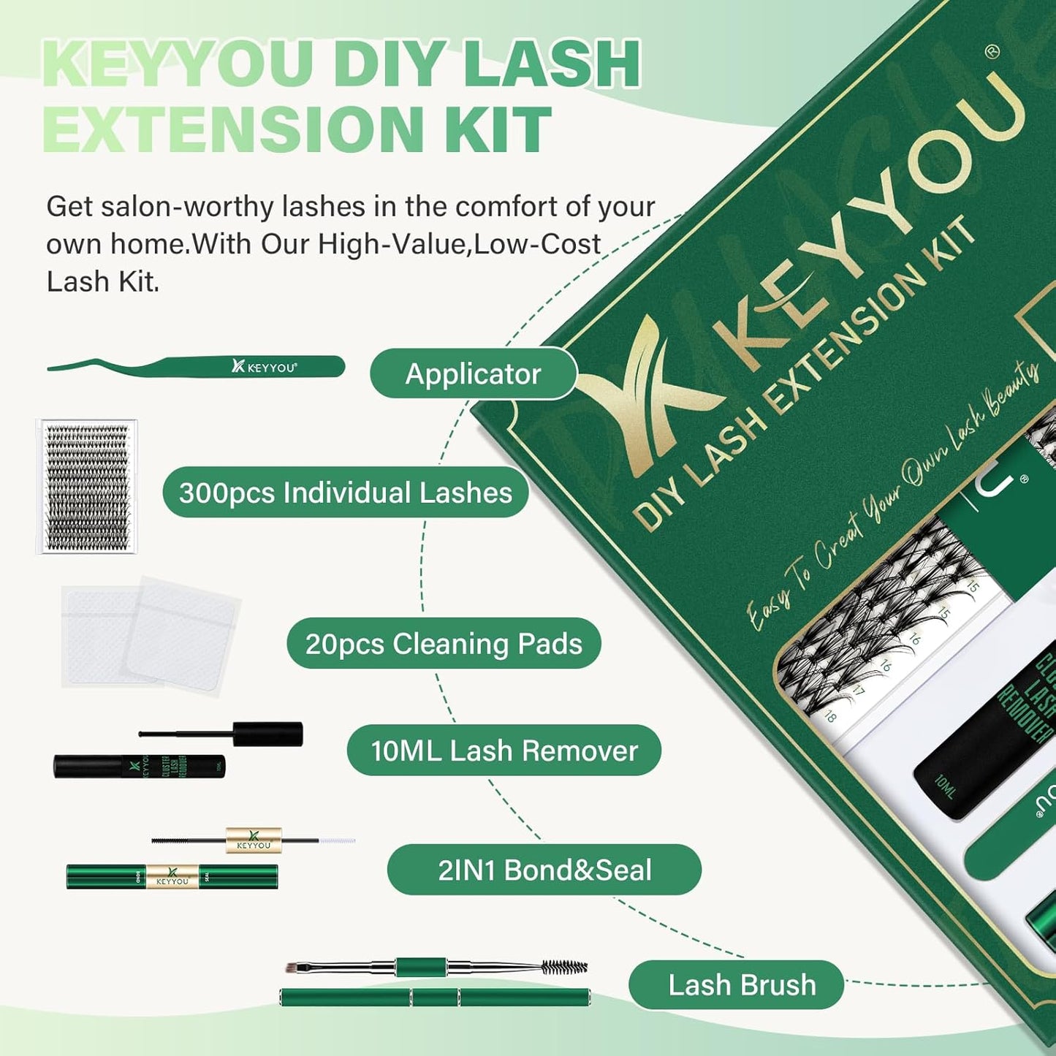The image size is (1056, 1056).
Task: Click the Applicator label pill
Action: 473,374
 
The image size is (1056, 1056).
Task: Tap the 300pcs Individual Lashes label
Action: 345,493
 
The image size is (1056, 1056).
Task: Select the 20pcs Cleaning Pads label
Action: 444,644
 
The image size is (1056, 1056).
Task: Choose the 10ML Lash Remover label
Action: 504,751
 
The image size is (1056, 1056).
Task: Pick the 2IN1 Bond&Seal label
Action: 544,870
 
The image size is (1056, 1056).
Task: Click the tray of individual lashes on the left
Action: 87,487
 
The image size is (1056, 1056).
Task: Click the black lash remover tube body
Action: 139,766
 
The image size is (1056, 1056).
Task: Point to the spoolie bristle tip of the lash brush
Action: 565,968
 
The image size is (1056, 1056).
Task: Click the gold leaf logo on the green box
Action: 643,373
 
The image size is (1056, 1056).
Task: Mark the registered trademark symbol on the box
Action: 992,51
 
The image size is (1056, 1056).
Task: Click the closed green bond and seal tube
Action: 172,877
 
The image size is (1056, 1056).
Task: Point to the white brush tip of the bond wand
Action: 338,841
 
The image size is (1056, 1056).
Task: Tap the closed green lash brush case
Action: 435,998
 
